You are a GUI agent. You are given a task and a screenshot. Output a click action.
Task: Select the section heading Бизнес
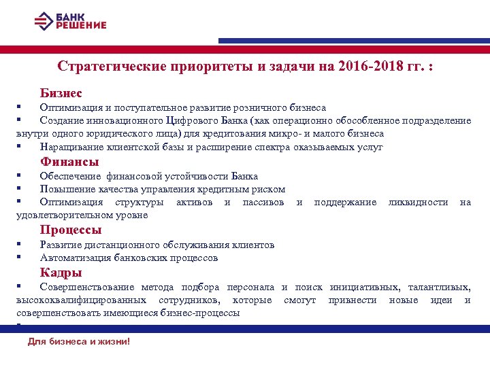point(61,92)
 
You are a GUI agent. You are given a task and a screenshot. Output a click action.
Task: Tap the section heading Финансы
point(69,162)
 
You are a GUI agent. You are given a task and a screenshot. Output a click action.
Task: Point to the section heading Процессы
point(71,230)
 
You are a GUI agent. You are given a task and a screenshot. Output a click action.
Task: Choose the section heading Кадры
point(61,273)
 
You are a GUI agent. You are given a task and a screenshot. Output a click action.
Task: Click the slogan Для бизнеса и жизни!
point(78,341)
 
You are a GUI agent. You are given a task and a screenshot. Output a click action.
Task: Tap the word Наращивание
point(72,147)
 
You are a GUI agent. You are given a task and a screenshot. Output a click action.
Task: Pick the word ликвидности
point(418,203)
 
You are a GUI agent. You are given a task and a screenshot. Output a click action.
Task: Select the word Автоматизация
point(76,258)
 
